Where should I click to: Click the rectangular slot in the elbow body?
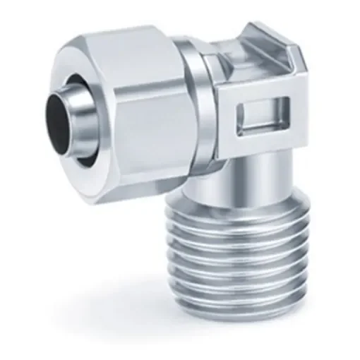tap(261, 117)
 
